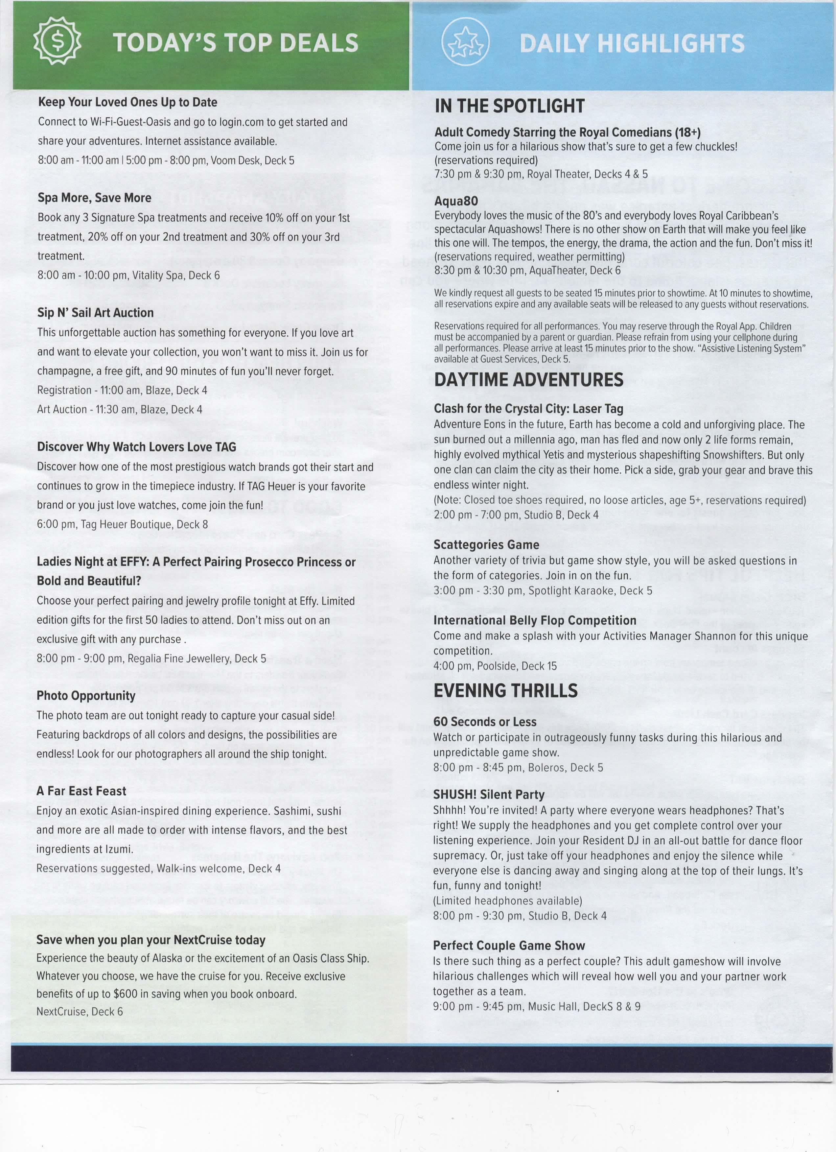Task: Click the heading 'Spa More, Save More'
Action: click(94, 198)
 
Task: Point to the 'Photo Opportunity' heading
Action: click(86, 695)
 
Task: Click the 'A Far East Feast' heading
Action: click(81, 791)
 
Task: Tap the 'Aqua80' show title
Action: click(456, 201)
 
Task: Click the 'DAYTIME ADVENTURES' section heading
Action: click(528, 380)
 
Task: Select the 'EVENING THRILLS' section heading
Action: click(505, 690)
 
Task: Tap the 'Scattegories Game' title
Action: click(486, 544)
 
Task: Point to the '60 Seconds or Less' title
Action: click(484, 721)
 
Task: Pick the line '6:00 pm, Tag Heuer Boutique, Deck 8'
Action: click(122, 524)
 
